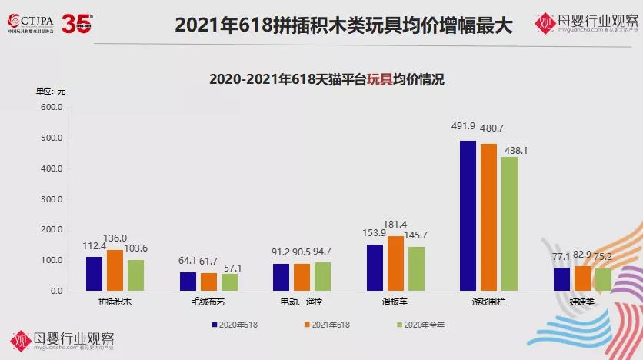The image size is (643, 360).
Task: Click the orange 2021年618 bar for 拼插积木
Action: tap(115, 271)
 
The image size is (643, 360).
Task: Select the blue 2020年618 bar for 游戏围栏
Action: tap(468, 216)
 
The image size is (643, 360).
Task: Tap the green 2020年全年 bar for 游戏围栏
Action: tap(509, 224)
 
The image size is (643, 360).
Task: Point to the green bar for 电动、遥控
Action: tap(322, 277)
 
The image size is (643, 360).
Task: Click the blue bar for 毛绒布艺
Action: tap(188, 282)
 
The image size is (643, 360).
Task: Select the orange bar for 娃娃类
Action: tap(582, 278)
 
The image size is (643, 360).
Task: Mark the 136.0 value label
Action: tap(115, 238)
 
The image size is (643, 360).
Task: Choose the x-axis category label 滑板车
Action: tap(395, 303)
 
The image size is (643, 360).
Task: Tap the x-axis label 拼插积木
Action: tap(115, 303)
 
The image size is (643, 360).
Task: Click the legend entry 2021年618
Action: tap(328, 325)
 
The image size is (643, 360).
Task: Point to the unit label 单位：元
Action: tap(52, 91)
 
